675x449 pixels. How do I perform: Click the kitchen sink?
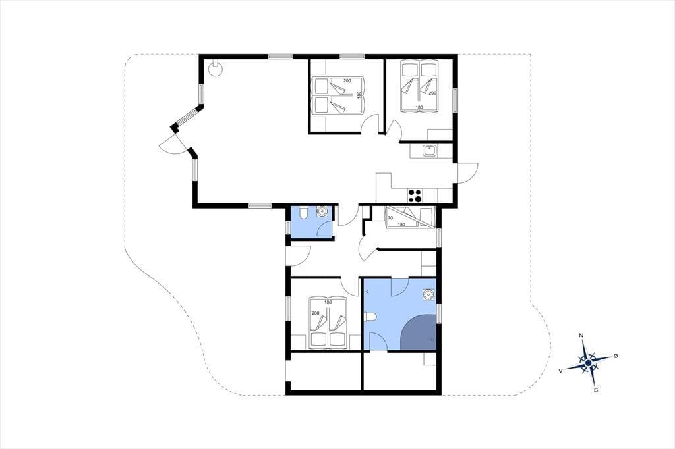(x=430, y=151)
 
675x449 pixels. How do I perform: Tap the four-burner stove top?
(x=415, y=196)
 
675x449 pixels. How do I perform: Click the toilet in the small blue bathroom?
(x=303, y=213)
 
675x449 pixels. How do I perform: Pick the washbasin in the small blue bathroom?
(x=322, y=211)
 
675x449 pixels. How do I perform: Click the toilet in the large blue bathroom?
(x=370, y=317)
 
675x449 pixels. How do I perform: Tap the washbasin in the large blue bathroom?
(x=428, y=294)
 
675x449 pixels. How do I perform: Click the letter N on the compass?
(x=581, y=336)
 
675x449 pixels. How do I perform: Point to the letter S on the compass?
(x=596, y=390)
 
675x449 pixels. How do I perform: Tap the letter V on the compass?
(x=560, y=370)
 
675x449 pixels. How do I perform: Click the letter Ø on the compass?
(x=616, y=356)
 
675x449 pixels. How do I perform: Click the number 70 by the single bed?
(x=390, y=218)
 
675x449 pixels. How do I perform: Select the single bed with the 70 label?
(x=410, y=217)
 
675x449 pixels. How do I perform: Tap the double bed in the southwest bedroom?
(x=328, y=322)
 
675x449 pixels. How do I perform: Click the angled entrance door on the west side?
(x=173, y=144)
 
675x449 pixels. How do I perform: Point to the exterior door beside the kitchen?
(x=467, y=173)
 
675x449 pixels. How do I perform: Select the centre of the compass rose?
(x=588, y=364)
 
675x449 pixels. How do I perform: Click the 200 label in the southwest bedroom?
(x=316, y=313)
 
